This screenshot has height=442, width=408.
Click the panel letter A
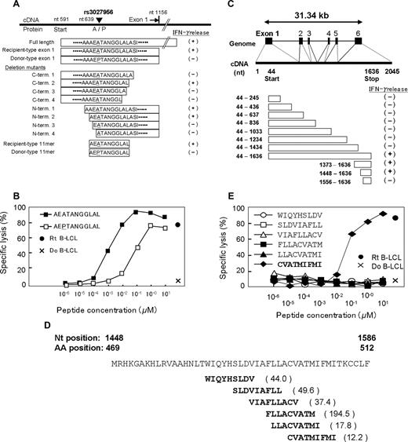coord(7,6)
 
